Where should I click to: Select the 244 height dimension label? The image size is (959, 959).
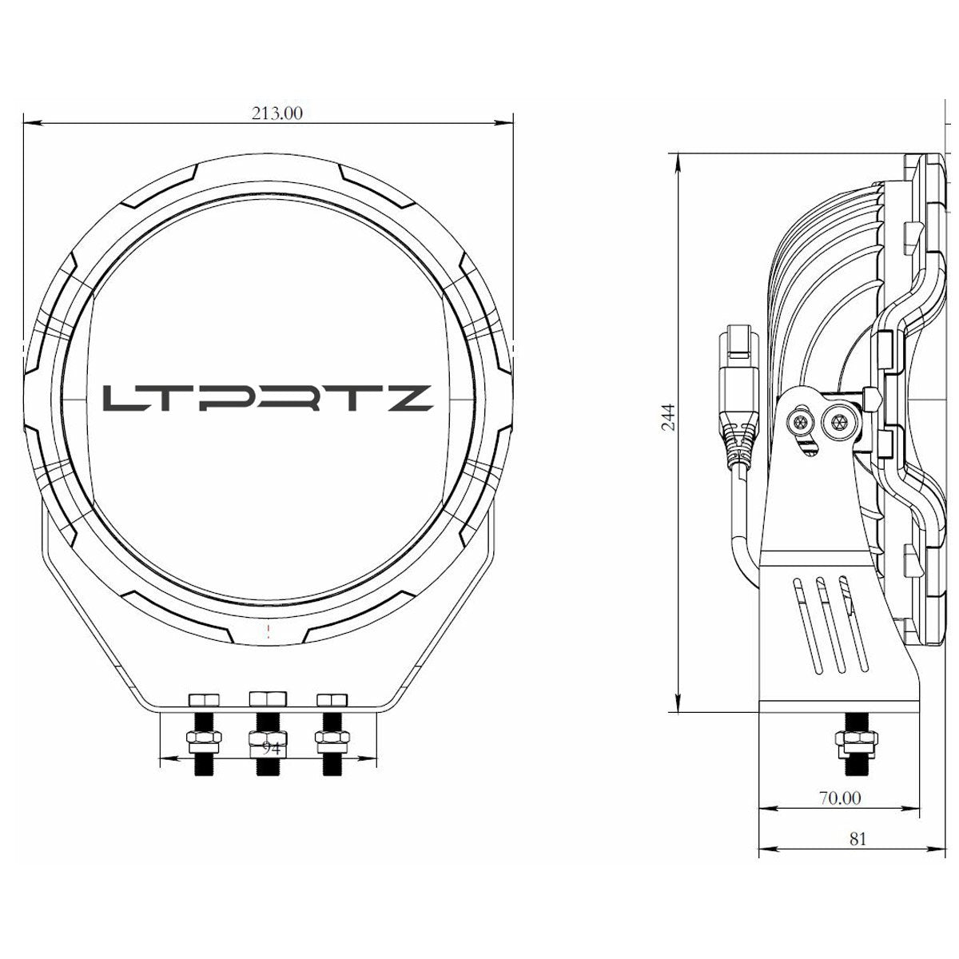[670, 416]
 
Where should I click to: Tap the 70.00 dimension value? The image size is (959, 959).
[839, 798]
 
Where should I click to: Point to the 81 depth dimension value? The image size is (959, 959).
[858, 838]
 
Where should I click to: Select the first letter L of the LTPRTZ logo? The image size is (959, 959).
[121, 398]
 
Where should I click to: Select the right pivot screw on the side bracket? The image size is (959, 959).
[838, 420]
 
